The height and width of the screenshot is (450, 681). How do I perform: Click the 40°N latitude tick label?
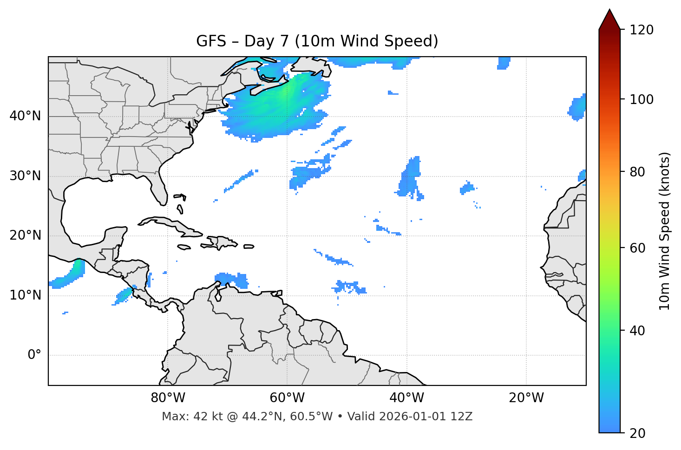(x=25, y=116)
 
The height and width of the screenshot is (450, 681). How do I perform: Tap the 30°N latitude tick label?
(x=25, y=176)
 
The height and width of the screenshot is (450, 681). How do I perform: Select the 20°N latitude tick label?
(x=25, y=235)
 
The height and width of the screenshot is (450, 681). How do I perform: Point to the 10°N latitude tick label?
(x=25, y=295)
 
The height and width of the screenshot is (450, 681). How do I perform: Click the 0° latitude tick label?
(x=34, y=355)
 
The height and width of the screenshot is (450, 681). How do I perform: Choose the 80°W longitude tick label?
(x=168, y=398)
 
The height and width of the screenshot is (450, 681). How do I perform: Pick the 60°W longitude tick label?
(x=287, y=398)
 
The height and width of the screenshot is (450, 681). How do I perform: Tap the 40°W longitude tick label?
(x=406, y=398)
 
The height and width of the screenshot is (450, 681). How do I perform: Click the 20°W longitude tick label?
(x=526, y=398)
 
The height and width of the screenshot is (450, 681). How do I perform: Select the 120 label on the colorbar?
(x=641, y=30)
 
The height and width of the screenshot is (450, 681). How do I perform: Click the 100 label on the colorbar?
(x=641, y=99)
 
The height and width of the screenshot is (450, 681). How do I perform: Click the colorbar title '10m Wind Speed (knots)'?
(x=665, y=231)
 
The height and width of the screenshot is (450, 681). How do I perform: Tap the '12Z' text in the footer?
(x=463, y=417)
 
